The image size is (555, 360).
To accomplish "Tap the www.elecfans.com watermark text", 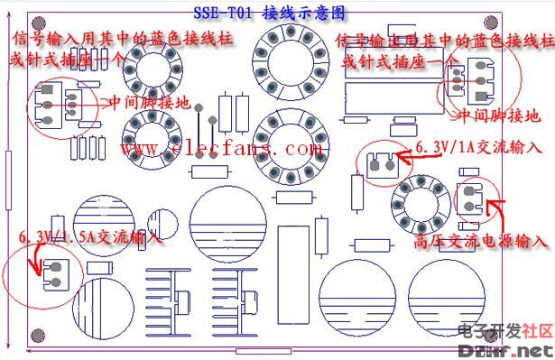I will click(220, 147).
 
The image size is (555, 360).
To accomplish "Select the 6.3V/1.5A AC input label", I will click(90, 237).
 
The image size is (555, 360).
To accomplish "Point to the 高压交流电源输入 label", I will click(481, 242).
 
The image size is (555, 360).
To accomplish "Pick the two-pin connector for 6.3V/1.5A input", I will click(52, 272).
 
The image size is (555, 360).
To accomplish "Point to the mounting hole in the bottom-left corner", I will click(37, 340).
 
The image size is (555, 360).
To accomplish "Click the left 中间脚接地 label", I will click(150, 104).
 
